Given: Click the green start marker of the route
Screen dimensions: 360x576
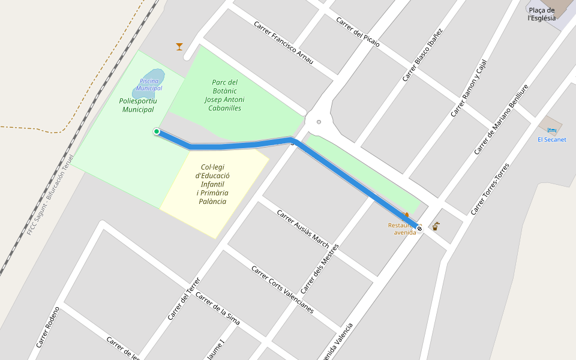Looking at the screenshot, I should point(157,131).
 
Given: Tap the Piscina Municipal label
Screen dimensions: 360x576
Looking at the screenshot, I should point(149,85).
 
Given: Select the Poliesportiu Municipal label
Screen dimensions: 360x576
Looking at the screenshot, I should point(138,105).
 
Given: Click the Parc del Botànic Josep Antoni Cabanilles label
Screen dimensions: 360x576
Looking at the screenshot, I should point(224,95).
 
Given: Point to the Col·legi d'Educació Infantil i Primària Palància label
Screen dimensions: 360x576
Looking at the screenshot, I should point(213,184).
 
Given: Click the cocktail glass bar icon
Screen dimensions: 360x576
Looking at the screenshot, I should point(179,46).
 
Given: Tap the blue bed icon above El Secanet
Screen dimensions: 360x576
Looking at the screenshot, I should point(552,130).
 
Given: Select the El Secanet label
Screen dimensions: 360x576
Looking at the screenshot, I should point(552,140).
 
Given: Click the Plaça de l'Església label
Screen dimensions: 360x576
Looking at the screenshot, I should point(542,14).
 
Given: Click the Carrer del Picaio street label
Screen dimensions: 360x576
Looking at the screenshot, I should point(358,31).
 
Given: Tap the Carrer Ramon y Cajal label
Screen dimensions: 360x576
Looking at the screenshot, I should point(469,88).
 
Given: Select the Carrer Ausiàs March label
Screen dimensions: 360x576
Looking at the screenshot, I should point(303,229).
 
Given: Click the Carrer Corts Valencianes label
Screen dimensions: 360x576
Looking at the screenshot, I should point(282,289).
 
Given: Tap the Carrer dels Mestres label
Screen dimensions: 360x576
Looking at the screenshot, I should point(320,268).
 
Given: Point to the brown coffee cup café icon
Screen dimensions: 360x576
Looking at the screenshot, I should point(436,226).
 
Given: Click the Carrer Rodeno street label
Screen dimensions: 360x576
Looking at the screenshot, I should point(48,327).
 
